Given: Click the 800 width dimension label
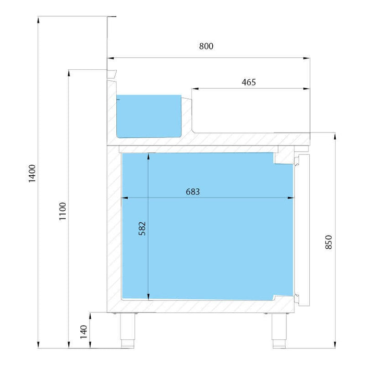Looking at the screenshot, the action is (206, 46).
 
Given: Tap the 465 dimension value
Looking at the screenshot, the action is (249, 82).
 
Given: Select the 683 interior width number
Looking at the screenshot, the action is (193, 192).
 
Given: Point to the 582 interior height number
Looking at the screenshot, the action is (142, 228).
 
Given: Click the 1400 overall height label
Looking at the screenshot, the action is (32, 174).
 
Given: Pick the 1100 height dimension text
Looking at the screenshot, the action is (63, 211).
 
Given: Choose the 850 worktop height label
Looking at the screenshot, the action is (328, 242).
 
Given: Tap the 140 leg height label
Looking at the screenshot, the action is (83, 332).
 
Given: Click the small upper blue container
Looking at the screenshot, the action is (149, 116).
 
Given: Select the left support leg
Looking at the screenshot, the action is (128, 330).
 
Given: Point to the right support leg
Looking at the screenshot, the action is (279, 330).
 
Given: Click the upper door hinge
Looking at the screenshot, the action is (297, 161).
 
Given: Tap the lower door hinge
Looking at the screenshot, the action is (297, 298).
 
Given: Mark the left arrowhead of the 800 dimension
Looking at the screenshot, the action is (111, 58).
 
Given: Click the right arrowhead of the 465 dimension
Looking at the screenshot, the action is (307, 89).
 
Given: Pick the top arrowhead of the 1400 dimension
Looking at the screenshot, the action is (38, 20).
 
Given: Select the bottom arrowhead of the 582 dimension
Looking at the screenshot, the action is (148, 297).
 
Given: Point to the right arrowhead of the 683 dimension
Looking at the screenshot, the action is (291, 198).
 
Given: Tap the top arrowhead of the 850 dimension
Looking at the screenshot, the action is (335, 136).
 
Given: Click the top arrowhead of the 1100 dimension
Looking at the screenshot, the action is (69, 73).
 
